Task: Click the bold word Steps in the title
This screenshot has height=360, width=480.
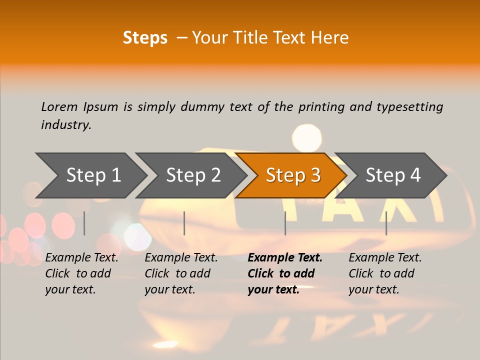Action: [x=145, y=38]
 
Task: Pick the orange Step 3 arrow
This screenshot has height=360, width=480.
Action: [x=293, y=175]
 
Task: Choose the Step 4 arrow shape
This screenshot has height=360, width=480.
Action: [x=393, y=175]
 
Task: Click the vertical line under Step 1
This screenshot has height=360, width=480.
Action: [x=84, y=223]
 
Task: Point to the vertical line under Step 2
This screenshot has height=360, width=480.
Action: [x=184, y=223]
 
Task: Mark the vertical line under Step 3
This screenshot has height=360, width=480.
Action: [x=285, y=223]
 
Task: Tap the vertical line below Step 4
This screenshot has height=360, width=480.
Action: [x=386, y=223]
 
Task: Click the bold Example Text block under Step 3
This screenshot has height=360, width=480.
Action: [x=285, y=273]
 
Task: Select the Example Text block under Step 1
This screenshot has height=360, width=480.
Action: [x=81, y=273]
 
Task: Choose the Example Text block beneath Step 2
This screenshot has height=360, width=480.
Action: [x=181, y=273]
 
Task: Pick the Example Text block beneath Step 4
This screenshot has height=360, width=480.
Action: [x=385, y=273]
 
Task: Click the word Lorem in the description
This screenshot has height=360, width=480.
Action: [x=59, y=106]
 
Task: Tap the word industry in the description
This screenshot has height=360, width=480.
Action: [x=66, y=124]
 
